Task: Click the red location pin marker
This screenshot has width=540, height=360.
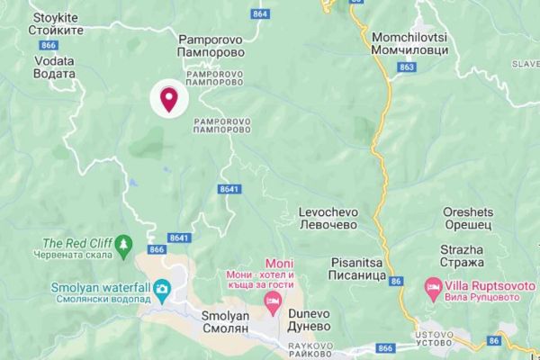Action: pos(168,98)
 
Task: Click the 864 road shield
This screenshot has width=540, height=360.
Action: pos(261,15)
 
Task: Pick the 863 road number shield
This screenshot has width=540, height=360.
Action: pos(406,67)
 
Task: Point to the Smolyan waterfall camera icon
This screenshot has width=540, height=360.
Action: pos(163,289)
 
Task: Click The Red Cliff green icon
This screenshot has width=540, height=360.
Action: pos(125,243)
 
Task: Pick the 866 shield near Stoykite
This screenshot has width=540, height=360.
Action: pos(49,45)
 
